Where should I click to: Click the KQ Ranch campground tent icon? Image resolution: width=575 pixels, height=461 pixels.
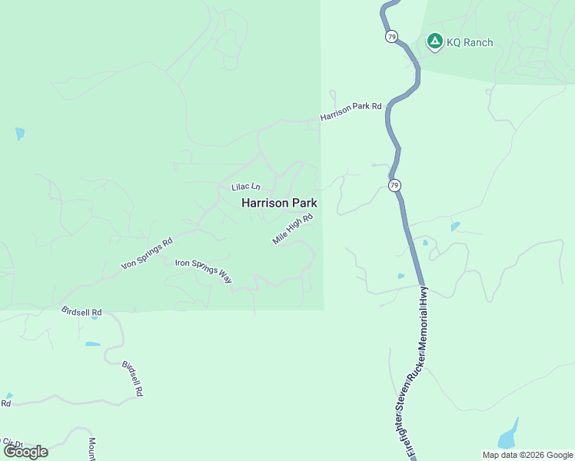pyautogui.click(x=434, y=41)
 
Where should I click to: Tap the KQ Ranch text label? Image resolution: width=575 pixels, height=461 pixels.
pyautogui.click(x=470, y=42)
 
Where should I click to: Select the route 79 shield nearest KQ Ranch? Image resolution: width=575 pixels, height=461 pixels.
pyautogui.click(x=392, y=36)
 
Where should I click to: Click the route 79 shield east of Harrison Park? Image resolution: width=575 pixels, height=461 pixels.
pyautogui.click(x=394, y=186)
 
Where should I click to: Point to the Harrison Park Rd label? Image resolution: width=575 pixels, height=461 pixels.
pyautogui.click(x=351, y=111)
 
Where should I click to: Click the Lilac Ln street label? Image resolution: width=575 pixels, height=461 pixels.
pyautogui.click(x=246, y=187)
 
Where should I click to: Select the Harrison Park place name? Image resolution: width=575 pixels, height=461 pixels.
pyautogui.click(x=279, y=204)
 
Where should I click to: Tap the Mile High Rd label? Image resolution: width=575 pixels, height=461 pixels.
pyautogui.click(x=293, y=230)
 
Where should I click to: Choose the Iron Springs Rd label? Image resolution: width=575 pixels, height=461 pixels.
pyautogui.click(x=147, y=254)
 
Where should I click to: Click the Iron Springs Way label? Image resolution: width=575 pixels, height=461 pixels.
pyautogui.click(x=204, y=270)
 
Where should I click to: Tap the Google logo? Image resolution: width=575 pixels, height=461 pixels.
pyautogui.click(x=25, y=452)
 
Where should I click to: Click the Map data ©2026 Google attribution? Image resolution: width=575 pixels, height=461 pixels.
pyautogui.click(x=527, y=454)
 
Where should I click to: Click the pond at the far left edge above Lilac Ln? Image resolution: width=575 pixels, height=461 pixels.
pyautogui.click(x=19, y=134)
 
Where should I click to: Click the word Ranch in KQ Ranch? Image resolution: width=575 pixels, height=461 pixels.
pyautogui.click(x=478, y=42)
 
